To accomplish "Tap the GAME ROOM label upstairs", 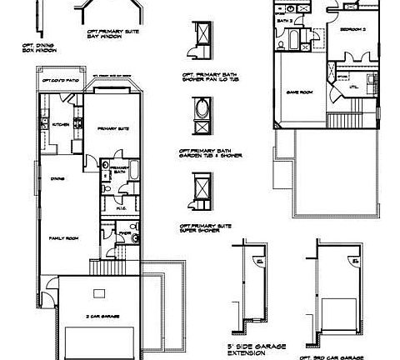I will point(299,92).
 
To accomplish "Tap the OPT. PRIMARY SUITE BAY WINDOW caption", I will point(112,34).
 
